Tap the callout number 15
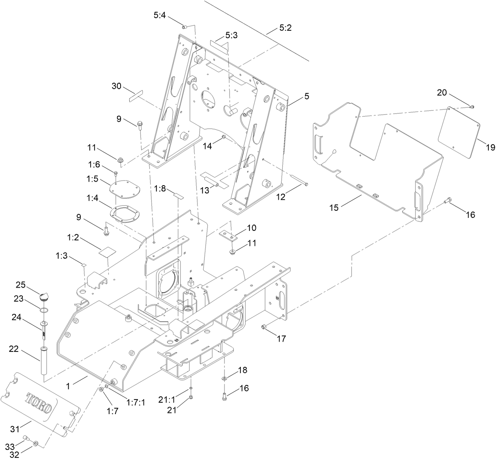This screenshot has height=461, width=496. tap(334, 207)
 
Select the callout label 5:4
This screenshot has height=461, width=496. tap(160, 16)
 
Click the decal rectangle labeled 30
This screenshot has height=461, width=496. tap(135, 96)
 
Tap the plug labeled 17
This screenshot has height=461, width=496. tap(265, 327)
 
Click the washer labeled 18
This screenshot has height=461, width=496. tap(224, 378)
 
